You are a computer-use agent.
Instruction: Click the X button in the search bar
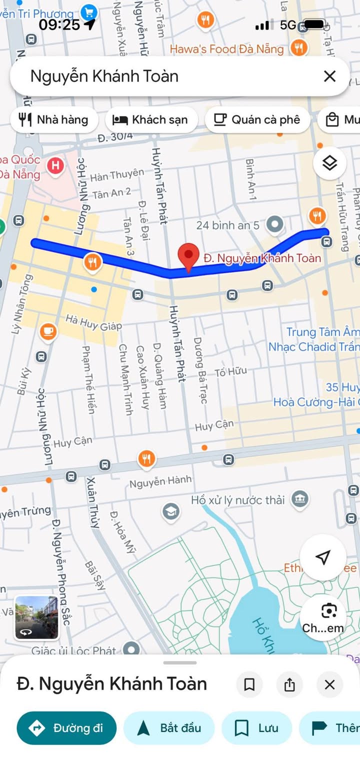[x=329, y=76]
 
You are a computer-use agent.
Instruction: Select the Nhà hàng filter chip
[x=53, y=119]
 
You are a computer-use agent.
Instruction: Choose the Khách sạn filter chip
[x=151, y=119]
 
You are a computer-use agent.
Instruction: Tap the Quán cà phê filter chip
[x=257, y=119]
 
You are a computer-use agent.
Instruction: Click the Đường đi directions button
[x=66, y=727]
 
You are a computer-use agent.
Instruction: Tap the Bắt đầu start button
[x=169, y=727]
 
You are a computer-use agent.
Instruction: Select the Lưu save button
[x=256, y=727]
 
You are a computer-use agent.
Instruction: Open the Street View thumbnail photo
[x=36, y=617]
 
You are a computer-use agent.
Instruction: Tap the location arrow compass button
[x=323, y=557]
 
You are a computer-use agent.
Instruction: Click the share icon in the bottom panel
[x=289, y=684]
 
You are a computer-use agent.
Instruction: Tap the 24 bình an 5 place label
[x=227, y=225]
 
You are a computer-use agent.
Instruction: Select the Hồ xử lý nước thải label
[x=237, y=500]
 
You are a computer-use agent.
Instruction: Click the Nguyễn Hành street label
[x=160, y=481]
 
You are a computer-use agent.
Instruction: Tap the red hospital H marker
[x=55, y=165]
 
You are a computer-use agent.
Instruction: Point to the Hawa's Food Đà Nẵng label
[x=226, y=49]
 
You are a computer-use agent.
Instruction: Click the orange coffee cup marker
[x=48, y=331]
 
